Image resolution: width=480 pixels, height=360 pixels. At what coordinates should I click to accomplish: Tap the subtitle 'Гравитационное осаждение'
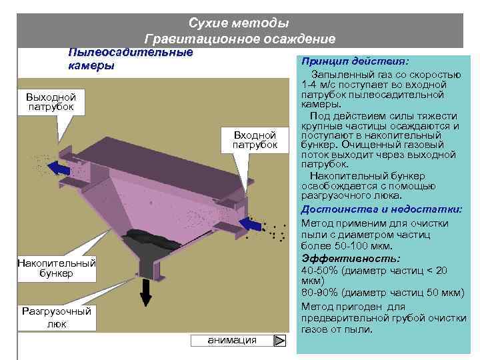pyautogui.click(x=239, y=39)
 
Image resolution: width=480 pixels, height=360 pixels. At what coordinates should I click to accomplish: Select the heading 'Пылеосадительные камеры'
pyautogui.click(x=131, y=59)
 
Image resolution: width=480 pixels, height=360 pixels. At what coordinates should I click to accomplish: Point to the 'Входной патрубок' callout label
pyautogui.click(x=255, y=141)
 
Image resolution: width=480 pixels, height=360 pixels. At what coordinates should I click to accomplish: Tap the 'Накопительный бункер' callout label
pyautogui.click(x=56, y=269)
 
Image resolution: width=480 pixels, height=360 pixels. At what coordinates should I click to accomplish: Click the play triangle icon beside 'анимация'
pyautogui.click(x=281, y=341)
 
